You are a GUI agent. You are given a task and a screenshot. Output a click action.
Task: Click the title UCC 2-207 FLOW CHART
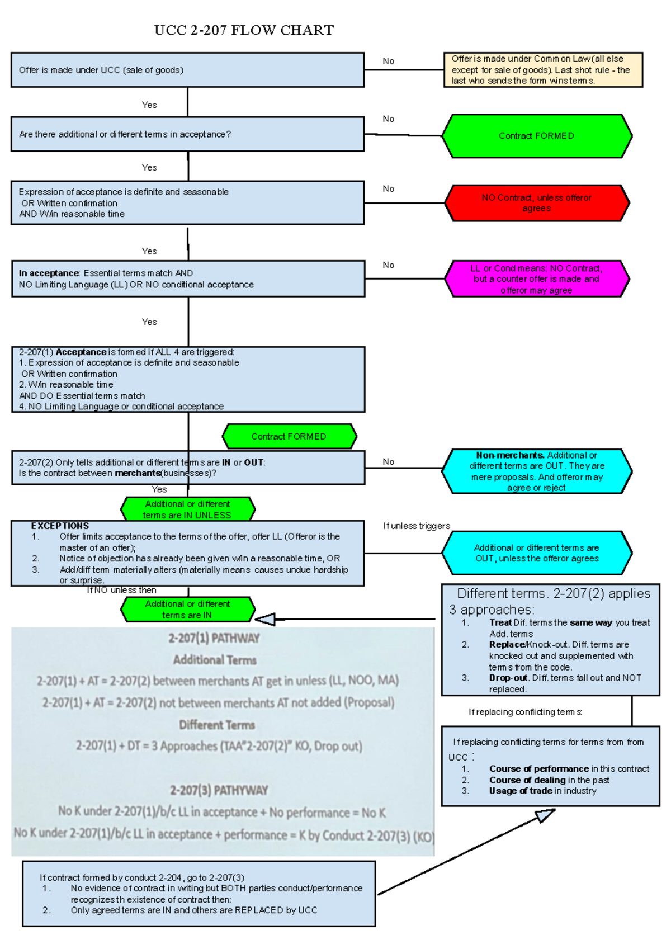click(244, 30)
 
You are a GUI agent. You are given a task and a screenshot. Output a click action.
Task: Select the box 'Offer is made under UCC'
click(187, 70)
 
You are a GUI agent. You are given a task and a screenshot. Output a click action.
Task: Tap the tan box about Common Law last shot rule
click(542, 70)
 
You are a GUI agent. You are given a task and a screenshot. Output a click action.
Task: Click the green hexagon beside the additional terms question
click(537, 136)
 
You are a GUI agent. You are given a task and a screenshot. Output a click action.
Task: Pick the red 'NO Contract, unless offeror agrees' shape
click(537, 203)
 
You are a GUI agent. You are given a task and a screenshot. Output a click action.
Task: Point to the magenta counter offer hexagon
click(537, 279)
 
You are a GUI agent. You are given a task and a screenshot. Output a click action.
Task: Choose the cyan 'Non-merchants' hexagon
click(537, 471)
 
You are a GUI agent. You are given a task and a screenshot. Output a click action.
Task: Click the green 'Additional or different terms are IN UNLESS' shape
click(188, 509)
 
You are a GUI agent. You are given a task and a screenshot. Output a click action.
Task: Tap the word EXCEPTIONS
click(60, 526)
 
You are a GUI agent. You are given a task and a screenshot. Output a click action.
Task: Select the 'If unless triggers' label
click(417, 526)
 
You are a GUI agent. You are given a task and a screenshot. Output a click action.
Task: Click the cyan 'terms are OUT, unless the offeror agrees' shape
click(537, 553)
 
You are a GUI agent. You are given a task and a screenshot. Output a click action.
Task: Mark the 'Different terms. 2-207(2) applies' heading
click(554, 593)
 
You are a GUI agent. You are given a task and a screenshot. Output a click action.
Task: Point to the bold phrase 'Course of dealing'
click(527, 780)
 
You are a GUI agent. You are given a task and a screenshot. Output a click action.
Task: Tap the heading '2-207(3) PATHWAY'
click(219, 790)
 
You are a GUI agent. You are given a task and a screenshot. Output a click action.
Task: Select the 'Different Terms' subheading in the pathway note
click(217, 725)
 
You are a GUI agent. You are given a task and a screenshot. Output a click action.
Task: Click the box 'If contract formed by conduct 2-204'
click(199, 894)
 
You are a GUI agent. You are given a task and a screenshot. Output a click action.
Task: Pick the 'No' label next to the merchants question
click(389, 461)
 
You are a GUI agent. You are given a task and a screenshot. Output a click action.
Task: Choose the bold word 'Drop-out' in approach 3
click(508, 678)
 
